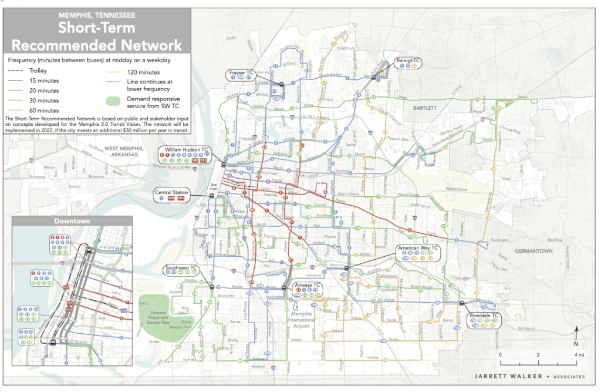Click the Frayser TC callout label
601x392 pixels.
pyautogui.click(x=241, y=73)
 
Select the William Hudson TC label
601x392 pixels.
pyautogui.click(x=186, y=150)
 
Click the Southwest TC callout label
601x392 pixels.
pyautogui.click(x=181, y=268)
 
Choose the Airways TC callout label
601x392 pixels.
pyautogui.click(x=308, y=285)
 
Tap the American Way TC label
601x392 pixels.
pyautogui.click(x=418, y=248)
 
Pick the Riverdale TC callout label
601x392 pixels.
pyautogui.click(x=485, y=316)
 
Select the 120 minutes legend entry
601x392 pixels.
pyautogui.click(x=133, y=70)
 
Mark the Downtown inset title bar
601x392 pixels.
pyautogui.click(x=72, y=221)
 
